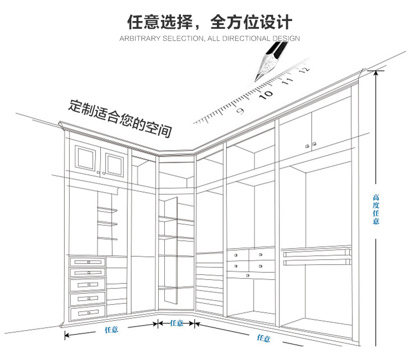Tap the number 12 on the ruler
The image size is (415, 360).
pyautogui.click(x=303, y=70)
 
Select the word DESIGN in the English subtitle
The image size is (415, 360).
pyautogui.click(x=286, y=39)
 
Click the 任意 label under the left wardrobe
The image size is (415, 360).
pyautogui.click(x=111, y=330)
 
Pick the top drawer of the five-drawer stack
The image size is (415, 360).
pyautogui.click(x=87, y=262)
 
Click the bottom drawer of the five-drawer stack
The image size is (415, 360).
pyautogui.click(x=87, y=313)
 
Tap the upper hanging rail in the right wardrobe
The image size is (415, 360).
pyautogui.click(x=318, y=253)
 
